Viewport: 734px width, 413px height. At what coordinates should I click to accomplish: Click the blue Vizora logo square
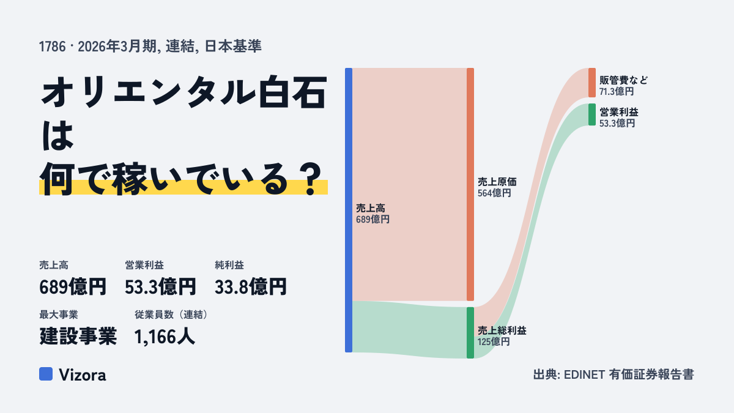point(46,374)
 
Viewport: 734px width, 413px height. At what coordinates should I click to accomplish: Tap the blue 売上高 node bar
point(349,210)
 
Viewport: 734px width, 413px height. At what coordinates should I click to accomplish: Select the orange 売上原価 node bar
point(470,184)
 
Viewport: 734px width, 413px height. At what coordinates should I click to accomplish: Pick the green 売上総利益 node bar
point(470,333)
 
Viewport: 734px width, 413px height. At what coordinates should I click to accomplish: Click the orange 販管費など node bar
point(592,83)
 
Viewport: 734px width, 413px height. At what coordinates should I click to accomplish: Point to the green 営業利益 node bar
point(592,114)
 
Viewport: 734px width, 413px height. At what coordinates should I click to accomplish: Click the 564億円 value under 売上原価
point(494,193)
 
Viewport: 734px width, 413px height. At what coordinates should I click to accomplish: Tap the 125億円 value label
point(494,342)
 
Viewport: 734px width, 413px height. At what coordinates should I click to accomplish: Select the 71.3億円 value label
point(617,91)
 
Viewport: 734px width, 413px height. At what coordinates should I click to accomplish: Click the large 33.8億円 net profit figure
point(251,287)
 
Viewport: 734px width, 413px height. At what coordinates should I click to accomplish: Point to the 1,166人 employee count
point(165,337)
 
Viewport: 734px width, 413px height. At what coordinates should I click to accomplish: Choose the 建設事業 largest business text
point(78,337)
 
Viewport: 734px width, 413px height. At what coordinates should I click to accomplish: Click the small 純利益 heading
point(229,265)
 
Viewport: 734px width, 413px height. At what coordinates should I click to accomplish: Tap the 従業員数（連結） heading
point(171,314)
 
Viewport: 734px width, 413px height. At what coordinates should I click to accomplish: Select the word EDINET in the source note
point(584,374)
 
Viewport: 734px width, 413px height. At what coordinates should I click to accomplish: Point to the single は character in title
point(57,135)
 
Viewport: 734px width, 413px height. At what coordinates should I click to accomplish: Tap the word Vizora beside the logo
point(82,374)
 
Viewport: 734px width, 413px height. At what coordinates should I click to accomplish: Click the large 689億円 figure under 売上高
point(73,287)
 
